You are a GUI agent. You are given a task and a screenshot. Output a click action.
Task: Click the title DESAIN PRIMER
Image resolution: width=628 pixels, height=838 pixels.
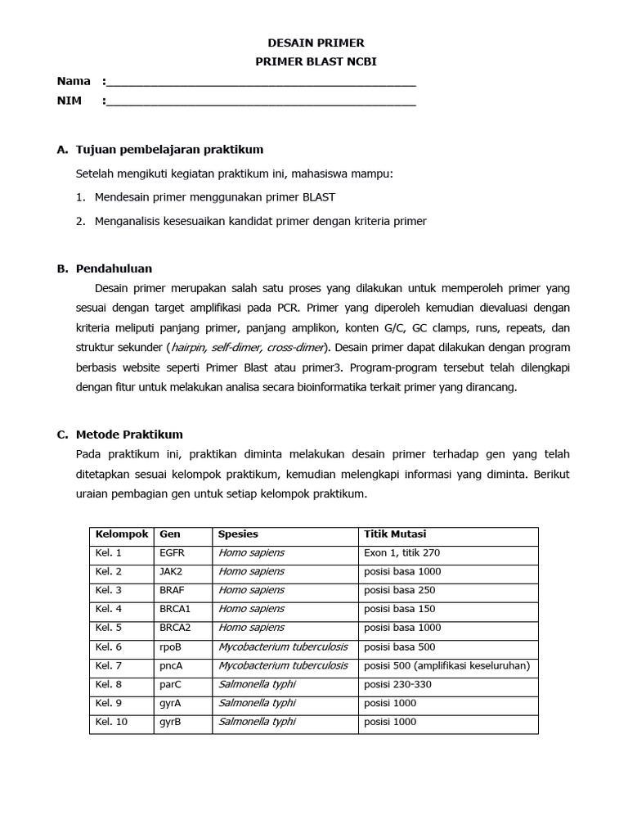317,43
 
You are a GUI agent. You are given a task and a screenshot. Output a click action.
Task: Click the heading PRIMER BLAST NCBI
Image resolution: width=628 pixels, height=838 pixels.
317,61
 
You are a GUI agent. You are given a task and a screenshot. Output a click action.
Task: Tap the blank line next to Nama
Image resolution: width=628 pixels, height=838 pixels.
261,82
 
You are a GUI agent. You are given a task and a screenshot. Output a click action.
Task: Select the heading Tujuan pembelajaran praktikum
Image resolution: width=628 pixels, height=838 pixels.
169,150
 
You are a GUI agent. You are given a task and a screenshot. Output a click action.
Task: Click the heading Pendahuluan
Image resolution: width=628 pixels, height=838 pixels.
114,268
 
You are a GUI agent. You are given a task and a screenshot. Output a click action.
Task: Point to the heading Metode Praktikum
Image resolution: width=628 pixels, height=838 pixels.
129,435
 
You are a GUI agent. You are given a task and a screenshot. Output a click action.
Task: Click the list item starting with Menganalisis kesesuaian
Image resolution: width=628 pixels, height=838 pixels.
260,221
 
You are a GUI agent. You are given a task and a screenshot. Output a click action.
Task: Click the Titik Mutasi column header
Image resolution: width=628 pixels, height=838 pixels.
394,534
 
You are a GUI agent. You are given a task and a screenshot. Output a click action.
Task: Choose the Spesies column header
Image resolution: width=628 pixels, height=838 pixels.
238,534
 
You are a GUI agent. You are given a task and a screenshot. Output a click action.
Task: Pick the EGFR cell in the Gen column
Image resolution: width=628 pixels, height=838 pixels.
173,553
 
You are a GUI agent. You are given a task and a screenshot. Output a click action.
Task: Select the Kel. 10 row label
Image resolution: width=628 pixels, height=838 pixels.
111,722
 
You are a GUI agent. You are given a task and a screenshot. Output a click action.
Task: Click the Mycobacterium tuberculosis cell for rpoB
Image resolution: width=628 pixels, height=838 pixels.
283,647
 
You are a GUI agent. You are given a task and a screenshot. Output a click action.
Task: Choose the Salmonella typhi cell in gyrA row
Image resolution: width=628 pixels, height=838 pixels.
257,703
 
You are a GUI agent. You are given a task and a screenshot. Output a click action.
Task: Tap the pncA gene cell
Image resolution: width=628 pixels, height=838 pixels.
172,665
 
